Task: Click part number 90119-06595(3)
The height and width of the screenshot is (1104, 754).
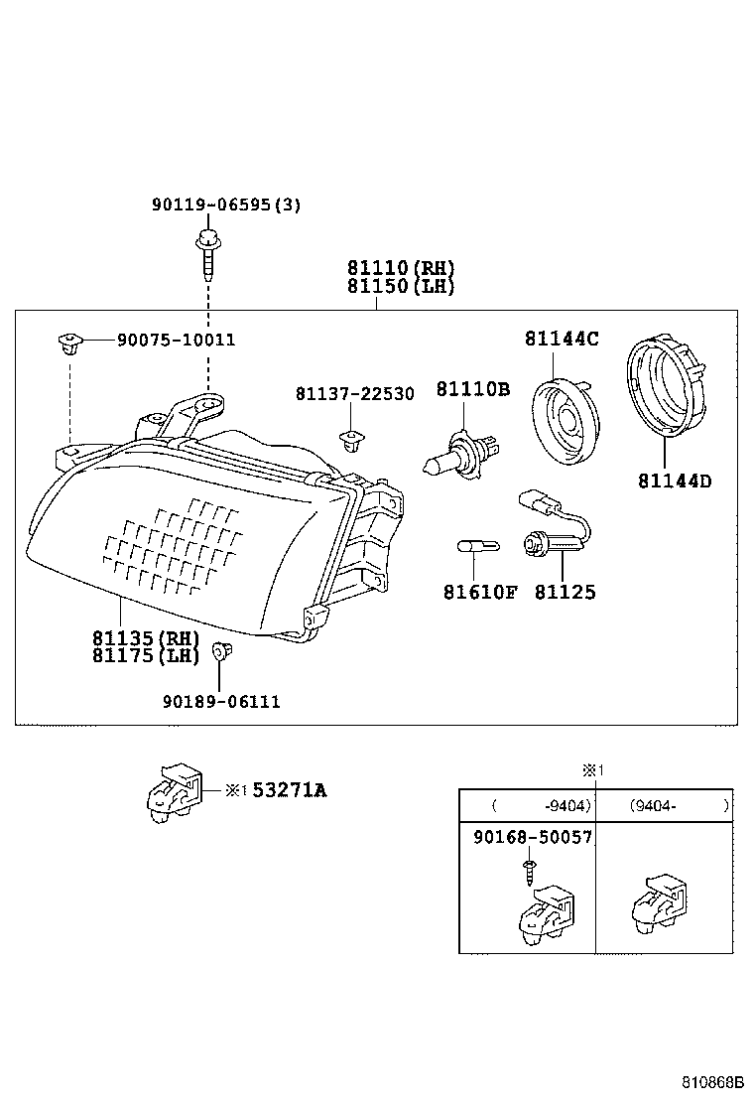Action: click(x=226, y=205)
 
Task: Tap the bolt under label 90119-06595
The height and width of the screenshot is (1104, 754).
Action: click(x=208, y=252)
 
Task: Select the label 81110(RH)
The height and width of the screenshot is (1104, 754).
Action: click(x=401, y=268)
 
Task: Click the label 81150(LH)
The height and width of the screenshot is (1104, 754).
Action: click(x=401, y=287)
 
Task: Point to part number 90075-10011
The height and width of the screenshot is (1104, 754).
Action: click(x=176, y=340)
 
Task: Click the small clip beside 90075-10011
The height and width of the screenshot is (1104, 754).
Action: click(x=67, y=344)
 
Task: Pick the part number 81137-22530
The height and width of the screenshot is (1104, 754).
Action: click(x=354, y=394)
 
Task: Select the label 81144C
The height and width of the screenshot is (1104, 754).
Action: click(x=562, y=339)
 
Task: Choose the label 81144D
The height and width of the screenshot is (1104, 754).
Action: click(x=675, y=483)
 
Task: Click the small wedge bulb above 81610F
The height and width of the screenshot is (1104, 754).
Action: click(x=472, y=545)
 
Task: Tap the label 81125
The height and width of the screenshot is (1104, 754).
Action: click(x=565, y=593)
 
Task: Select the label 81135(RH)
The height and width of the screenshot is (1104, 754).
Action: click(x=146, y=637)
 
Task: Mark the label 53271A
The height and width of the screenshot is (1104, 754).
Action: click(x=289, y=790)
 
